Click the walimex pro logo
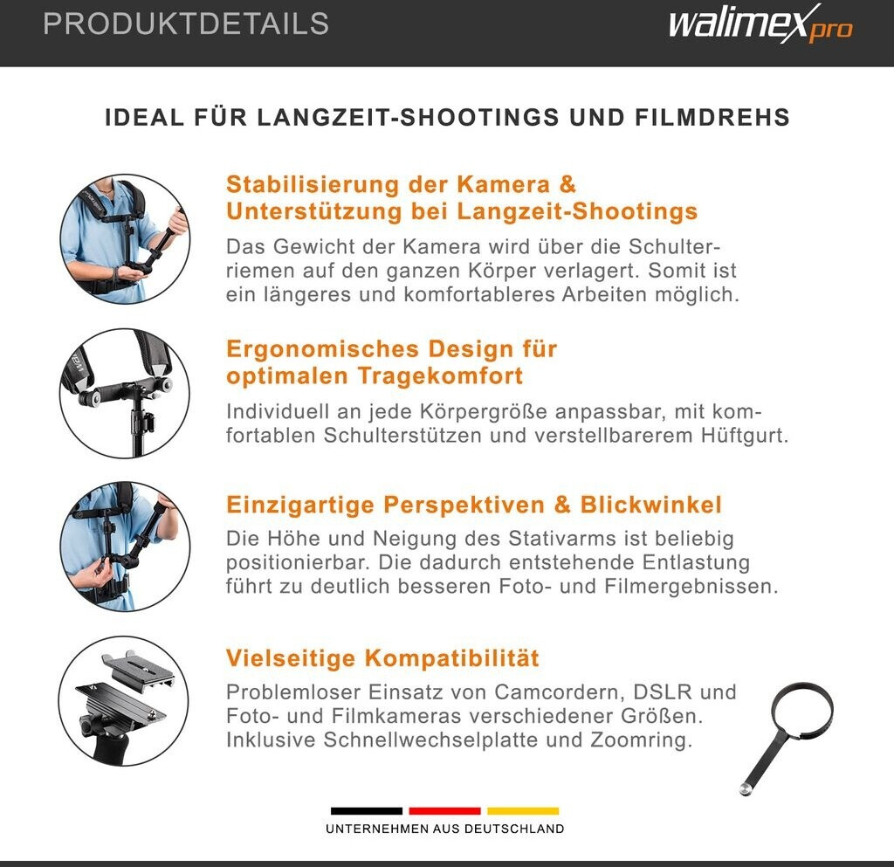760,24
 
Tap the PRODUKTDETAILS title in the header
186,24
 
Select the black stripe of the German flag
367,810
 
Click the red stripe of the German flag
444,810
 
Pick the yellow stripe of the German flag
523,810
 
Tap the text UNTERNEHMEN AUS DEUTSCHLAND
444,829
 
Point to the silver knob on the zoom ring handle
746,789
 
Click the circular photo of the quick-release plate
124,701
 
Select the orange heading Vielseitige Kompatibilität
382,658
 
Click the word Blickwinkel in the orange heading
651,505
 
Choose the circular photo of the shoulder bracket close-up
124,393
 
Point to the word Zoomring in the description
642,740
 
